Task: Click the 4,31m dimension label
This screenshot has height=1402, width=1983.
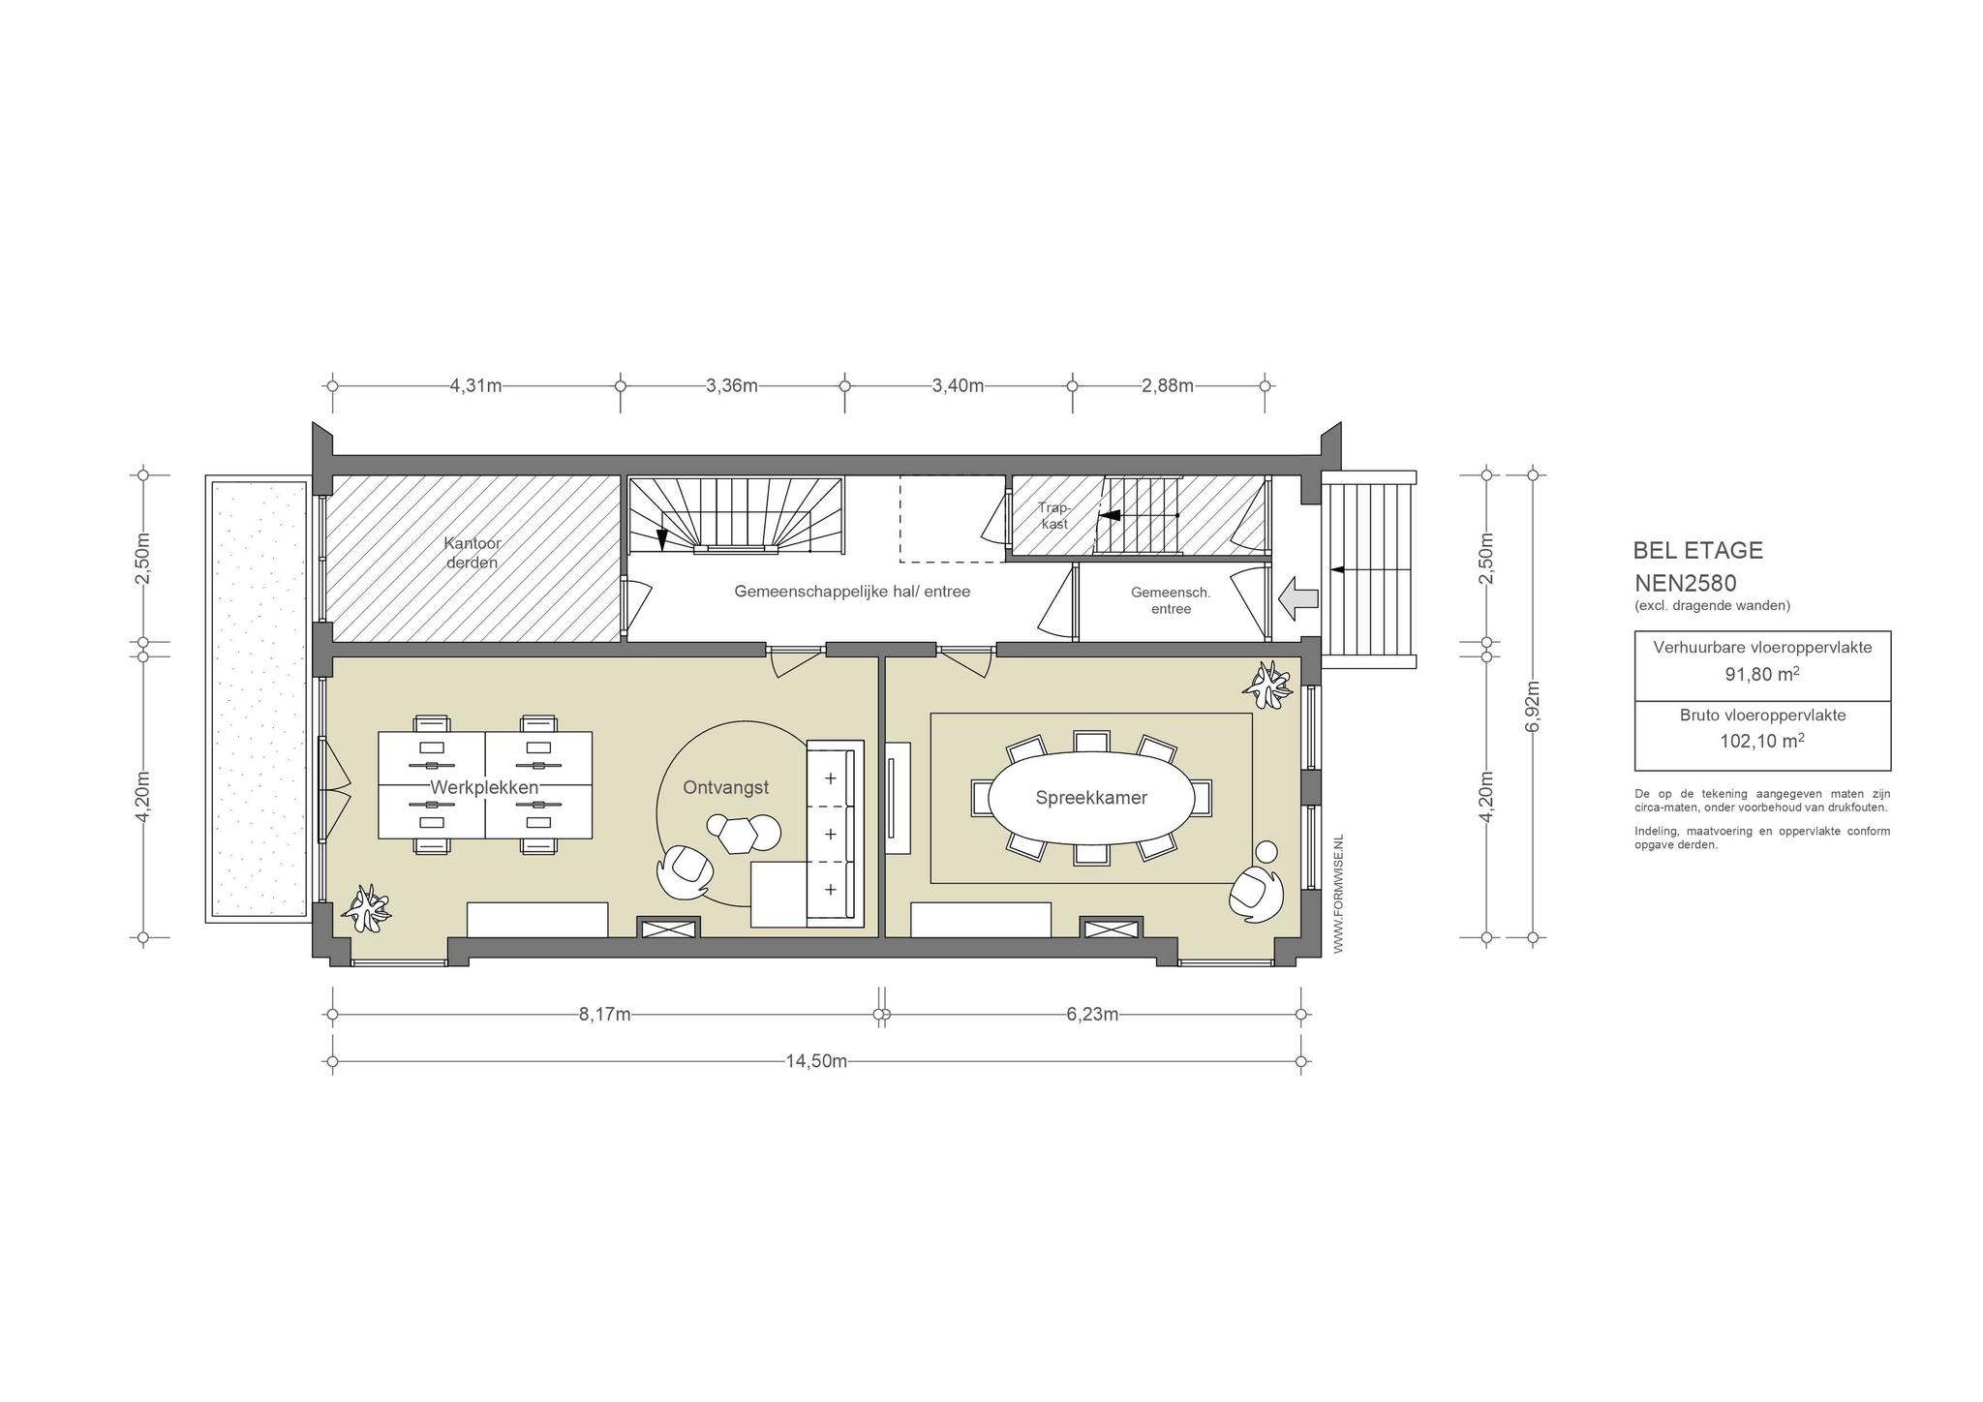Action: pos(476,385)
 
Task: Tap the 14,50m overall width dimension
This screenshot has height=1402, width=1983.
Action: pos(816,1061)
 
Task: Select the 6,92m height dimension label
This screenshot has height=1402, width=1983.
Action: pos(1532,707)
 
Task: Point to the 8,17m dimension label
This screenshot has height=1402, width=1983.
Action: pos(605,1015)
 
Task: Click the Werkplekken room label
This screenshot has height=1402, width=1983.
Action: pos(484,787)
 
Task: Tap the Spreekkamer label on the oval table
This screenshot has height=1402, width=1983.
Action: pos(1091,798)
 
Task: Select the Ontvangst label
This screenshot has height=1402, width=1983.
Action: pos(726,788)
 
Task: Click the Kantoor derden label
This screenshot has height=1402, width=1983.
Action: pos(473,553)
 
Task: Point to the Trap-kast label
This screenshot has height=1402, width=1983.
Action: pos(1053,515)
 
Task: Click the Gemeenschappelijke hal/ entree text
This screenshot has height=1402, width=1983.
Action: pos(852,591)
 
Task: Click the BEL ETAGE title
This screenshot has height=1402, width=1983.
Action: pos(1698,550)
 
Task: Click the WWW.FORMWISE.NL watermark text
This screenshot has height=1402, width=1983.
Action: pos(1339,894)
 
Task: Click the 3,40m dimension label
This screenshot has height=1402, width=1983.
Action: pos(959,385)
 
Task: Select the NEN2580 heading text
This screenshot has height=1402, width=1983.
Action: pos(1686,583)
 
